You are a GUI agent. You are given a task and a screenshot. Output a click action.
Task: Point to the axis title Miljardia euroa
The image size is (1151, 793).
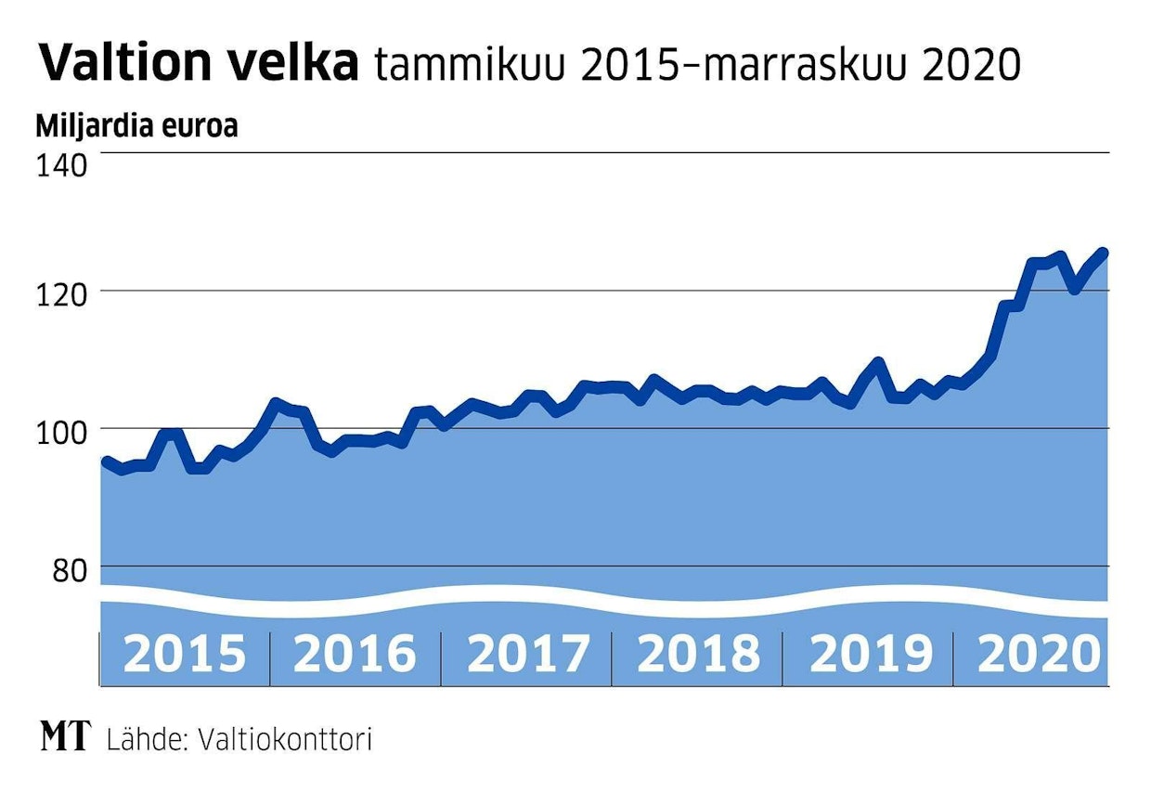(136, 125)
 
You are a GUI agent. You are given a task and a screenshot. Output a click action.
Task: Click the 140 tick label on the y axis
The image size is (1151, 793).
(61, 166)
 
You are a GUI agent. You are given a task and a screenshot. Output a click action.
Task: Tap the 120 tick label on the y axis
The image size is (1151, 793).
(61, 292)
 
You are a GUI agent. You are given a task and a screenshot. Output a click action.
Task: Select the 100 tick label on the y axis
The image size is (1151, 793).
(61, 430)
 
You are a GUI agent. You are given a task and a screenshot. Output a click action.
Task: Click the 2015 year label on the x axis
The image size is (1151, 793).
(185, 654)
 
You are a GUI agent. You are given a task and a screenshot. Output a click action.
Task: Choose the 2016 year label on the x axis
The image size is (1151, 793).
(355, 654)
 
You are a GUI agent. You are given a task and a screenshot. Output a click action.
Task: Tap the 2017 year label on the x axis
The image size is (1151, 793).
(527, 654)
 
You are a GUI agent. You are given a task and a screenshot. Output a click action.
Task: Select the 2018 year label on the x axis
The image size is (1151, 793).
(698, 654)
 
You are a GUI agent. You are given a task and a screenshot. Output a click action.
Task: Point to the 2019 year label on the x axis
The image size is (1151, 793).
(870, 654)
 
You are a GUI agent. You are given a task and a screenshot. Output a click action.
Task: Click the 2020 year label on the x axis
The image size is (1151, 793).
(1038, 654)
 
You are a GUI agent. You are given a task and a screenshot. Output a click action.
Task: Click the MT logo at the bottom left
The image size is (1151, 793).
(65, 738)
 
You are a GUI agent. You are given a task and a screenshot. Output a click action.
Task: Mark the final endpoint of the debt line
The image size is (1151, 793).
(1104, 252)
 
